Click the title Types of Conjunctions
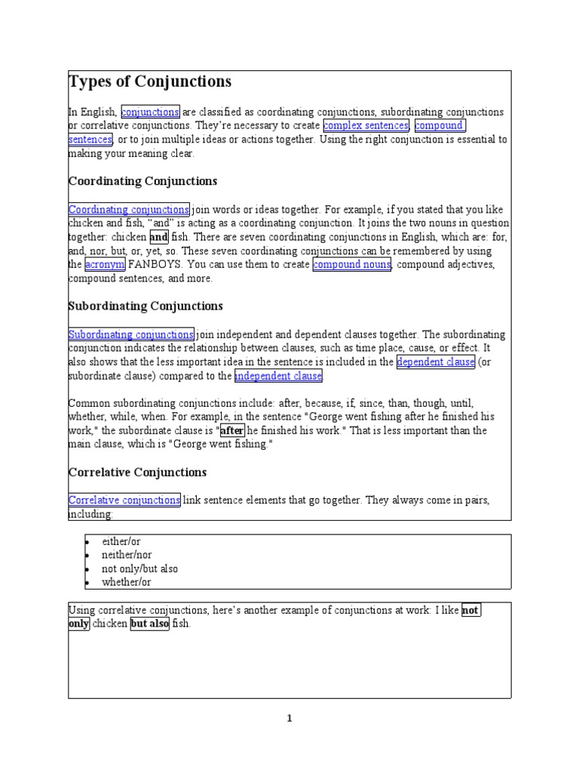point(150,82)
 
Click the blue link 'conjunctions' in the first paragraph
point(150,112)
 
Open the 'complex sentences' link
point(366,125)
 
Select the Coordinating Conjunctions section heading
point(142,181)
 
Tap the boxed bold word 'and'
point(159,237)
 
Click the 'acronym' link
point(105,264)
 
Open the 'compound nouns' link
point(352,264)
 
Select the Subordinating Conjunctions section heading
point(146,306)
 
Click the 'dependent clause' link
point(436,362)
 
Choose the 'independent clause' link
point(278,376)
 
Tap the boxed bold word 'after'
point(232,430)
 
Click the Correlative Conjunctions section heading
point(137,473)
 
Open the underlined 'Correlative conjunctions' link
point(124,500)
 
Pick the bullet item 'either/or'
point(122,542)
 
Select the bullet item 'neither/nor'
point(127,555)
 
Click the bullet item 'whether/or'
point(127,582)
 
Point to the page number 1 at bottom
point(289,719)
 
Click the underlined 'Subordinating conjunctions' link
point(131,334)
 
